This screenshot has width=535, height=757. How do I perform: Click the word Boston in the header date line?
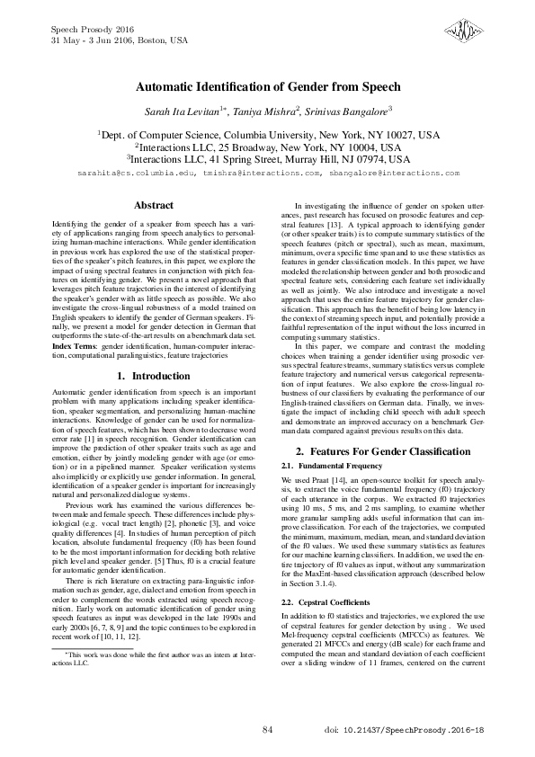150,40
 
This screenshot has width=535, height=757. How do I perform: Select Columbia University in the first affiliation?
265,133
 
